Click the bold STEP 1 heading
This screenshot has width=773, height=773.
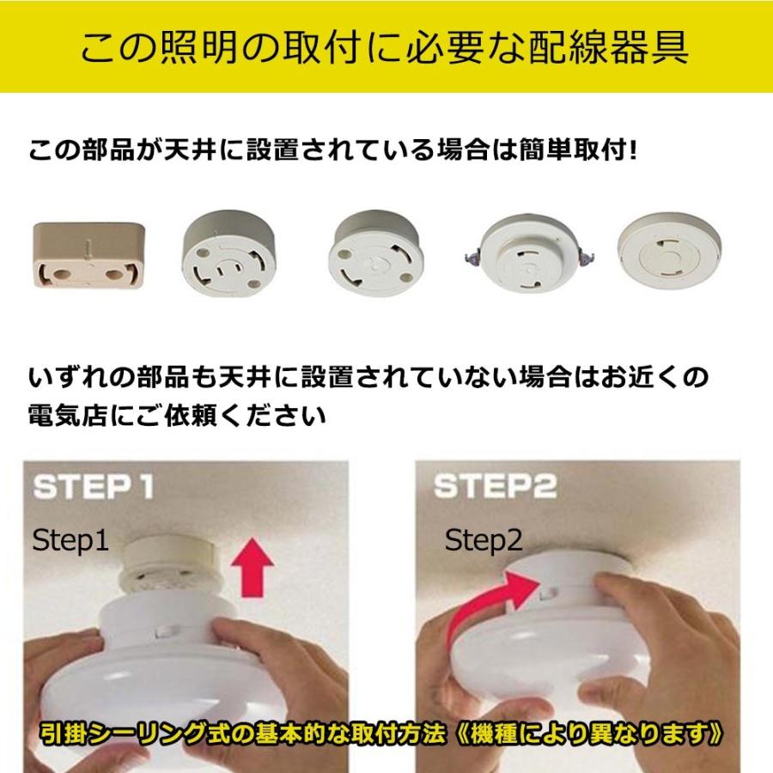[94, 487]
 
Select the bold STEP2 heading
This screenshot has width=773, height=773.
[495, 487]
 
